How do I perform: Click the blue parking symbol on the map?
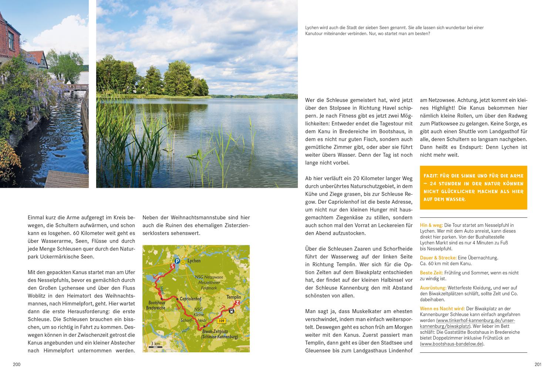(177, 261)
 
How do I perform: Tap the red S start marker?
(172, 266)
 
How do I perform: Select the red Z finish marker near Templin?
(237, 303)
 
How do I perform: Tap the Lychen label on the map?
(194, 261)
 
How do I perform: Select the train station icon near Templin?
(231, 311)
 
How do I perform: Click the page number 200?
(17, 365)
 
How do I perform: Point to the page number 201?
(538, 365)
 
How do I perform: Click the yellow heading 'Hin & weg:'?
(431, 225)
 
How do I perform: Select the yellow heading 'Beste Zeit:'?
(431, 273)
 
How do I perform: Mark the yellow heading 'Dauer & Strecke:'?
(438, 258)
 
